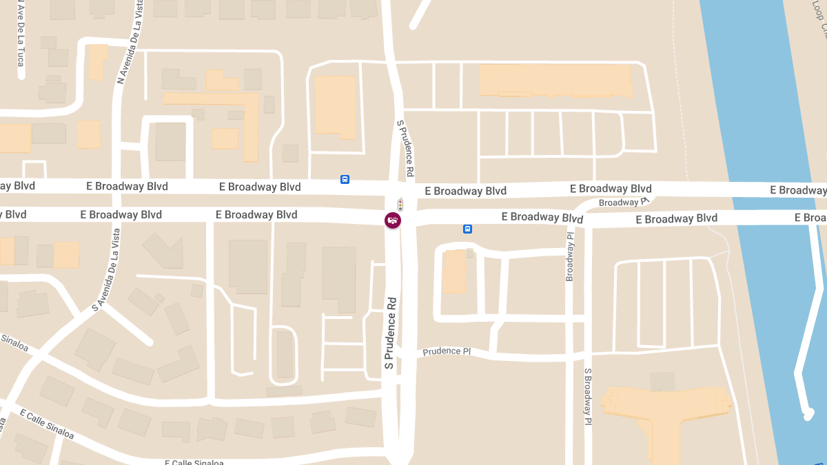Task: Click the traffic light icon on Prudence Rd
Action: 400,205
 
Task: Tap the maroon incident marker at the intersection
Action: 392,220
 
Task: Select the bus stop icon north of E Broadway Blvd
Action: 345,180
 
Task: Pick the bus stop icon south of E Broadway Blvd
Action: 467,229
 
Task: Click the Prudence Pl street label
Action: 447,351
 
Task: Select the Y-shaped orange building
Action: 666,413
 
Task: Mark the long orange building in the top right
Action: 555,80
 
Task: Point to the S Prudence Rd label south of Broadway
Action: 391,337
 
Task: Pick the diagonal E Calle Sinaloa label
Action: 47,424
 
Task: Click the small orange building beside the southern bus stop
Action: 453,271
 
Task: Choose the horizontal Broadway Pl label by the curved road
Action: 624,203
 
